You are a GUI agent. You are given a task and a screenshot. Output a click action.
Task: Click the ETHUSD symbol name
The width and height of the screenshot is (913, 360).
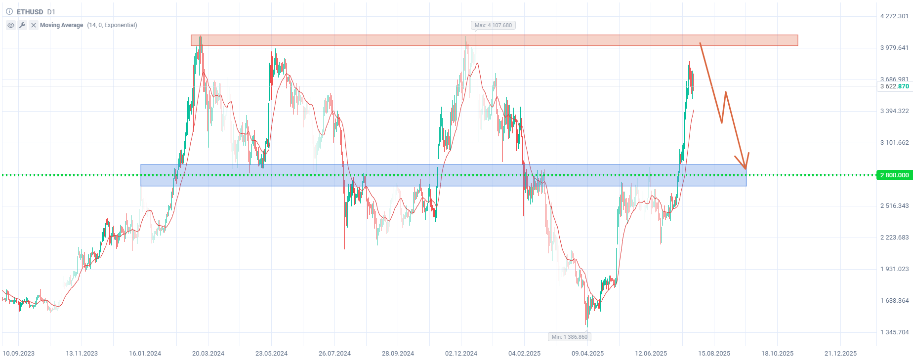30,11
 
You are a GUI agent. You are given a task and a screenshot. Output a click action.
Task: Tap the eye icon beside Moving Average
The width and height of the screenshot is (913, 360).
11,25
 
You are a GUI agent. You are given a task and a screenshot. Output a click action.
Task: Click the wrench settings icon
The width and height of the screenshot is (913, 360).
22,25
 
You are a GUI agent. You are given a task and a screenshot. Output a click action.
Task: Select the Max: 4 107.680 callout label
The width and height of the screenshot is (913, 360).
493,25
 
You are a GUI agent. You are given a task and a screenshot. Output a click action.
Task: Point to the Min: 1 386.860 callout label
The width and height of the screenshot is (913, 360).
570,337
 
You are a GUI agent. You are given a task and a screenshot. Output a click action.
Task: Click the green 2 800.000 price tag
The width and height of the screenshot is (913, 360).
894,175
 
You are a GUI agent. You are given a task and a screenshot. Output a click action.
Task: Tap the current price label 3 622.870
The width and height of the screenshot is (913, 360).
894,86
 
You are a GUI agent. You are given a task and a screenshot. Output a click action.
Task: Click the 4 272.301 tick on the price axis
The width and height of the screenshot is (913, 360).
894,16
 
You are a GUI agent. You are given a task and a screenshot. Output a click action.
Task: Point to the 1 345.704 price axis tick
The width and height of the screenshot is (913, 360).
894,332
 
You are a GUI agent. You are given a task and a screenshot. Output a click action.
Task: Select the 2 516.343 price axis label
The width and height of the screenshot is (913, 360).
894,206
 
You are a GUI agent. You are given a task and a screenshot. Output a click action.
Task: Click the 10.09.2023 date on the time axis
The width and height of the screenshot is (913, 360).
19,353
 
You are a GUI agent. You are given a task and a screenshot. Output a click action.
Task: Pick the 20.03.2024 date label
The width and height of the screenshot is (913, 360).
208,353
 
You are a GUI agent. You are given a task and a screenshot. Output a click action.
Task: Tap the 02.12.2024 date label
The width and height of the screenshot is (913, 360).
461,353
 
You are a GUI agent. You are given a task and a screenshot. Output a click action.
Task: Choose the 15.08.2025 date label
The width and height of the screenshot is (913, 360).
714,353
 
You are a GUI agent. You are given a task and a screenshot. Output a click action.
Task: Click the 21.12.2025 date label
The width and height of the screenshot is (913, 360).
840,353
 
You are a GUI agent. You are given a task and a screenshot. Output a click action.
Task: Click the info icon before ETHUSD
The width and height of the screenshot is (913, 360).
9,11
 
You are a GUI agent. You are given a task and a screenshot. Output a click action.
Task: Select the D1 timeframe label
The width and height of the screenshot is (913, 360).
51,11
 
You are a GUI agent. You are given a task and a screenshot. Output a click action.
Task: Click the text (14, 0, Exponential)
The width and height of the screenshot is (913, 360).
112,25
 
